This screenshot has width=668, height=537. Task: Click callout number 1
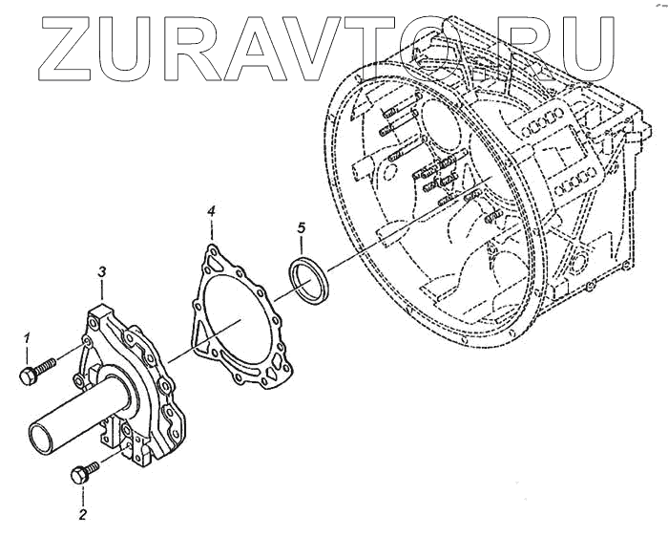click(28, 337)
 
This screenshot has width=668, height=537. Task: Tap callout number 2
click(82, 515)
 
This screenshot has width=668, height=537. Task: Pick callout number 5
click(301, 227)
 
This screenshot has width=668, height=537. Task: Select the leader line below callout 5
click(303, 247)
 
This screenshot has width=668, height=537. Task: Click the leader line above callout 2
click(82, 495)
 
